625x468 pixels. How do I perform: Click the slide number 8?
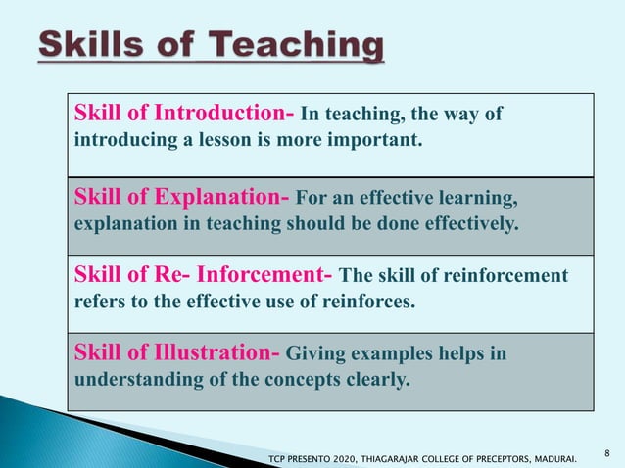608,452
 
